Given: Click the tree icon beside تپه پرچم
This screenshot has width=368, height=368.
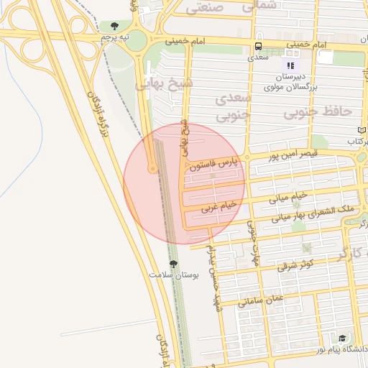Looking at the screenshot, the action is (114, 27).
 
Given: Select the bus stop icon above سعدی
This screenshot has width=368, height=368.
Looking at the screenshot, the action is (257, 46).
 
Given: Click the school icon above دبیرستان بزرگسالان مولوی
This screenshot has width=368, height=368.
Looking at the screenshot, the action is (290, 66).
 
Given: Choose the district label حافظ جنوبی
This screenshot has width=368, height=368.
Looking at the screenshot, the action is (316, 113).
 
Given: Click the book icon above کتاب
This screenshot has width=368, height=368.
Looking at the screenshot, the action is (362, 130).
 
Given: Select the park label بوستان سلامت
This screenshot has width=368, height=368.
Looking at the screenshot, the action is (173, 275).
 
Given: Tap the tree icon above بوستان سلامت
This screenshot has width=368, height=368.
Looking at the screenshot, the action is (172, 264).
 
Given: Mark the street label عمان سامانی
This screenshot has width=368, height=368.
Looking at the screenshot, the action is (262, 300).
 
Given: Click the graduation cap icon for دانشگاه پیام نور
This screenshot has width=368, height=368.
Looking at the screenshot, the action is (343, 339).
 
